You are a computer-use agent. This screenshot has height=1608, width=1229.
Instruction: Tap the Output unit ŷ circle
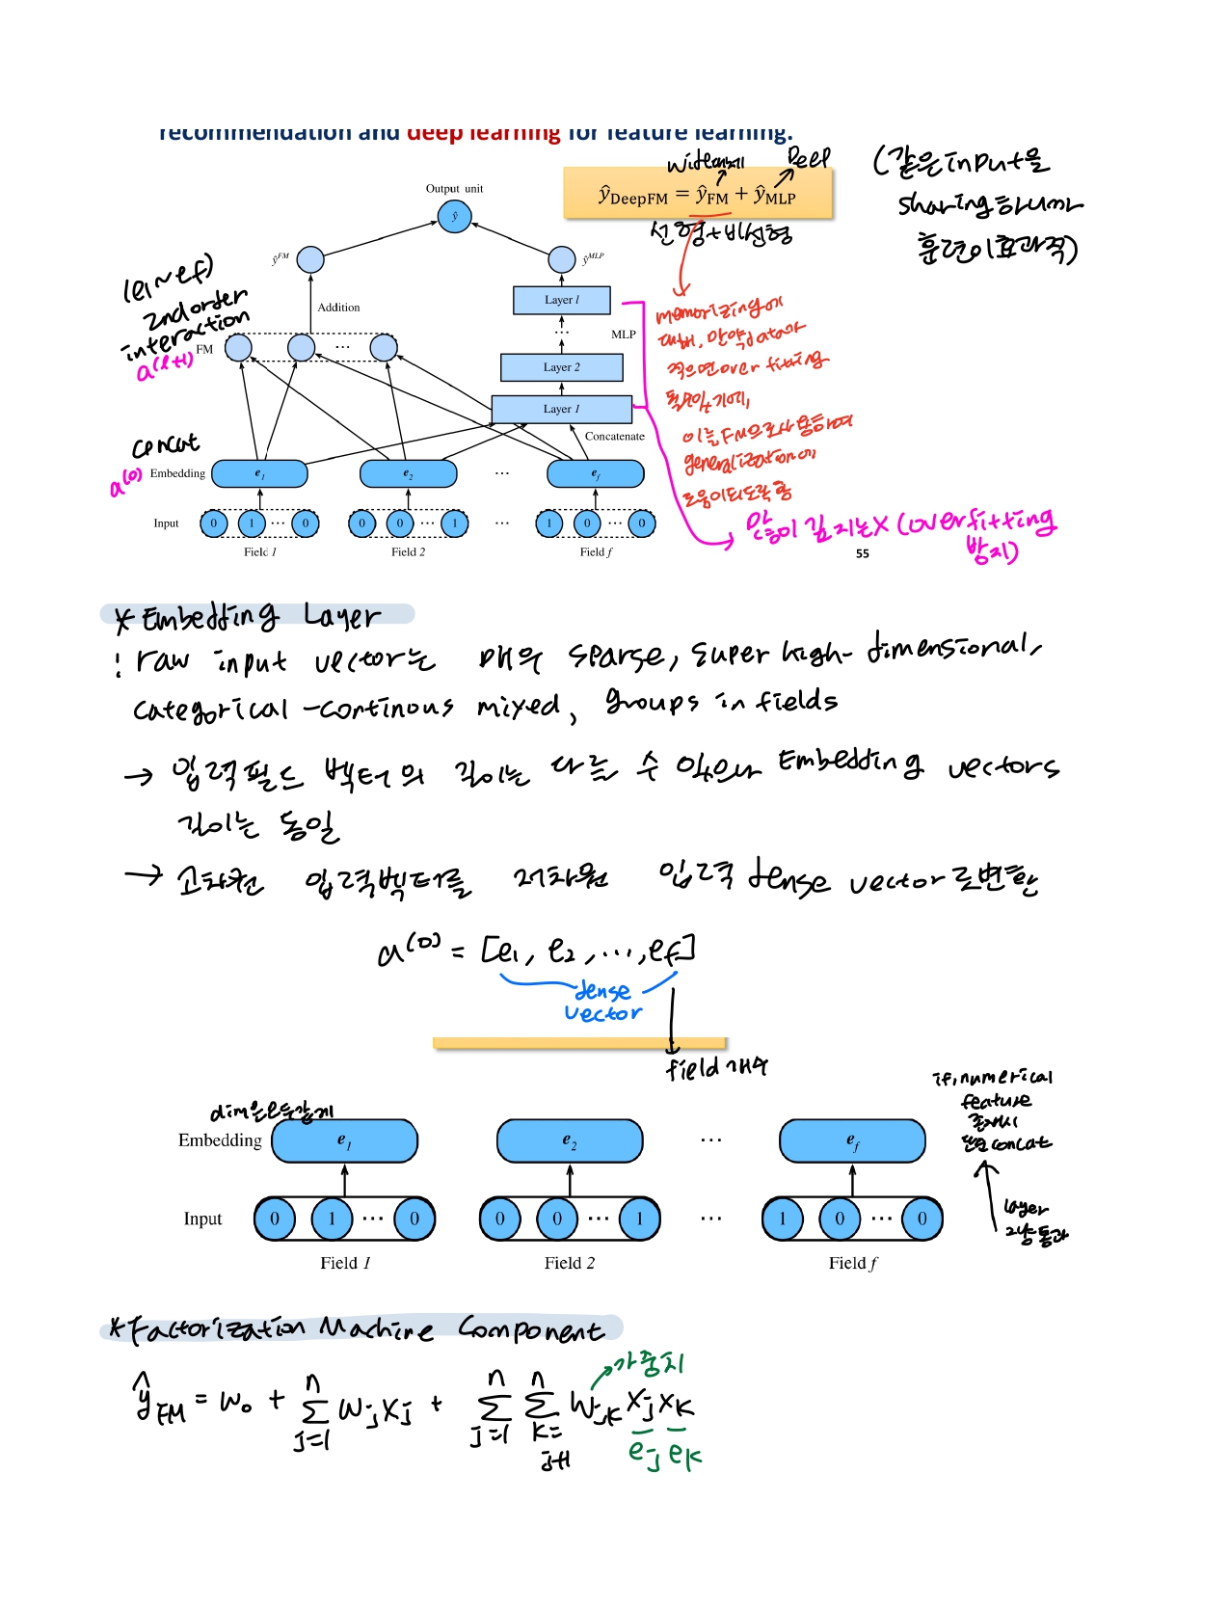(x=454, y=216)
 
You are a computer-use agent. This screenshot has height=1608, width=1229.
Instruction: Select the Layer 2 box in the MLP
(x=561, y=367)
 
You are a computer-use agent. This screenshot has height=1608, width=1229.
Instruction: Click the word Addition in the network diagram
(x=338, y=308)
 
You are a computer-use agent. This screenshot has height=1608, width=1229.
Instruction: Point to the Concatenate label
(x=614, y=437)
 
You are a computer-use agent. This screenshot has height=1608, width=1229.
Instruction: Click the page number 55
(x=862, y=553)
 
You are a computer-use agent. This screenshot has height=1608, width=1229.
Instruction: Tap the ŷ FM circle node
(x=310, y=259)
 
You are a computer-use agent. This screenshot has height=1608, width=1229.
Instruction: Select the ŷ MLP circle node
(x=561, y=259)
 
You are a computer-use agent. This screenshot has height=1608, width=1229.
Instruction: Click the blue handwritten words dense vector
(x=602, y=1002)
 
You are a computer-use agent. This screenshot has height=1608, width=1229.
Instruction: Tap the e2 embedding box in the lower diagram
(x=570, y=1141)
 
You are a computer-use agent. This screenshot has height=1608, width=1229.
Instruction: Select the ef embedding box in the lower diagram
(x=852, y=1141)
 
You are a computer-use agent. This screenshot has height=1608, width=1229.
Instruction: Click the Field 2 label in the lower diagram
(x=569, y=1263)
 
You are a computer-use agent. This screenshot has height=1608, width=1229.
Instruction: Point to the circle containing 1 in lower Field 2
(x=638, y=1219)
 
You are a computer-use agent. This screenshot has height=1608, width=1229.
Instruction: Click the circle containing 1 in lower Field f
(x=783, y=1219)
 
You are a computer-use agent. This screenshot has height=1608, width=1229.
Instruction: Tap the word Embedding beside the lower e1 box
(x=220, y=1140)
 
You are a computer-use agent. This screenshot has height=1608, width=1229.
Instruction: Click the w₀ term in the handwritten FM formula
(x=235, y=1400)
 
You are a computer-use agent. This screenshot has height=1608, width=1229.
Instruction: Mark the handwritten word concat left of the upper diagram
(x=165, y=444)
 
